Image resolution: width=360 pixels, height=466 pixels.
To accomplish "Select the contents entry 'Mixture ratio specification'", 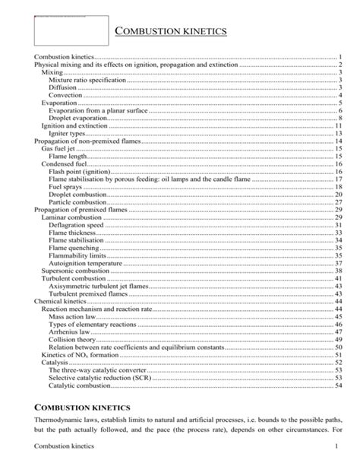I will [87, 80].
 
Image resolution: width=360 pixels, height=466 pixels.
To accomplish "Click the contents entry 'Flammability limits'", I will [77, 255].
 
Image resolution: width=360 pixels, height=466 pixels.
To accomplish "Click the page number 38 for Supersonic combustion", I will [339, 271].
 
